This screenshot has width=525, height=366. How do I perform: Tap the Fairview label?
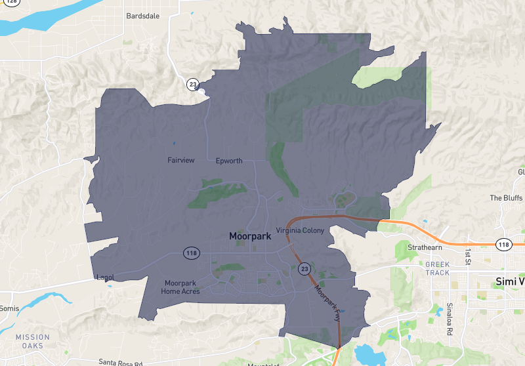(x=181, y=160)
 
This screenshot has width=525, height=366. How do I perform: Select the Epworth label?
(x=229, y=161)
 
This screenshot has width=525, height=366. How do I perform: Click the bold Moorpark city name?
(x=249, y=235)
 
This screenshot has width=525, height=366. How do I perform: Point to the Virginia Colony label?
(x=302, y=230)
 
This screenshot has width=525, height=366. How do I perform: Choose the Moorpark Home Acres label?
(x=180, y=287)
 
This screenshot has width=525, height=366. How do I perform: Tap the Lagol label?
(x=104, y=277)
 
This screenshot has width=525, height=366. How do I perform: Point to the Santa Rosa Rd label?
(x=121, y=361)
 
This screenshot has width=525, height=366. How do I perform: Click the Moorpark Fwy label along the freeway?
(x=327, y=302)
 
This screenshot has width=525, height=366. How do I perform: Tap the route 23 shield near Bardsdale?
(x=192, y=84)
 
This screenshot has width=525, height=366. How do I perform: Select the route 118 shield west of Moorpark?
(x=192, y=253)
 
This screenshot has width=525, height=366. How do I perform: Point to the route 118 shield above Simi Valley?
(x=503, y=244)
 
